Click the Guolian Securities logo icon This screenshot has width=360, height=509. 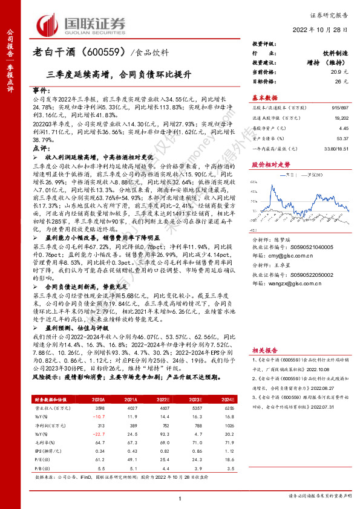coord(50,24)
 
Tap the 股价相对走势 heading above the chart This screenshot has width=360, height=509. coord(268,164)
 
